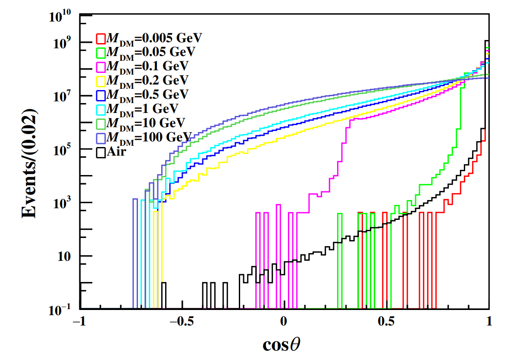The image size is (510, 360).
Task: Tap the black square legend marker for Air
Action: [x=101, y=152]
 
